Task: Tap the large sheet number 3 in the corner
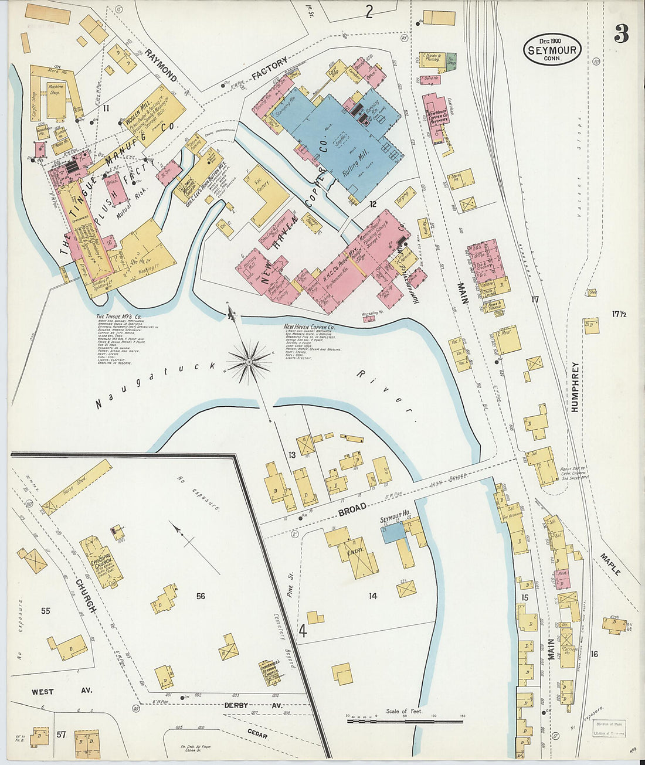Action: point(621,35)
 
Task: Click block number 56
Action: point(201,596)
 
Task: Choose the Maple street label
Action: point(611,563)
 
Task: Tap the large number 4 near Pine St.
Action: point(303,631)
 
